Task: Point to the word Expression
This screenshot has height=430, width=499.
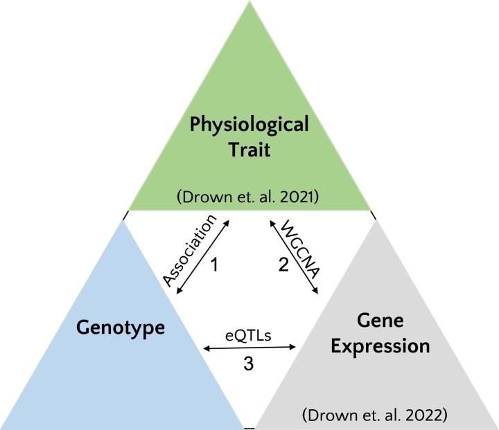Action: (x=379, y=346)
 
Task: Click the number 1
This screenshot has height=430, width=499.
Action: (x=214, y=265)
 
